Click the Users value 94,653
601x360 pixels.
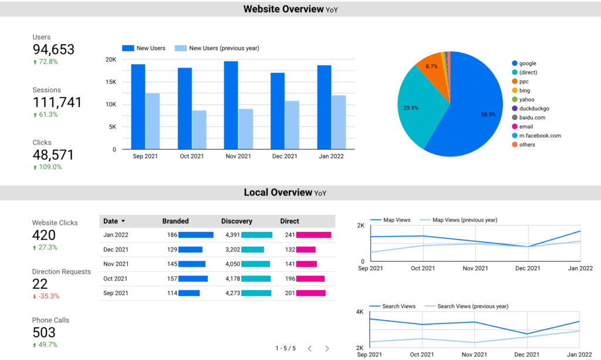point(53,49)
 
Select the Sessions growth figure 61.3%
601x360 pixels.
point(48,115)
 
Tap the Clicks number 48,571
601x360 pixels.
point(53,154)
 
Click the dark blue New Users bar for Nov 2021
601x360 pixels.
point(231,105)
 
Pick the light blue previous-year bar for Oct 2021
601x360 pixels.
point(200,130)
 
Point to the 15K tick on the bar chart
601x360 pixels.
point(110,82)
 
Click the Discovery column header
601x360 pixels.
point(237,221)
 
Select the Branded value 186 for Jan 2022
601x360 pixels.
point(172,235)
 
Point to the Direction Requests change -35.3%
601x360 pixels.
point(48,296)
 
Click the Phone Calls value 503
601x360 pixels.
point(44,332)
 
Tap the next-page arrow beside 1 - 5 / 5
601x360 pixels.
point(327,348)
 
